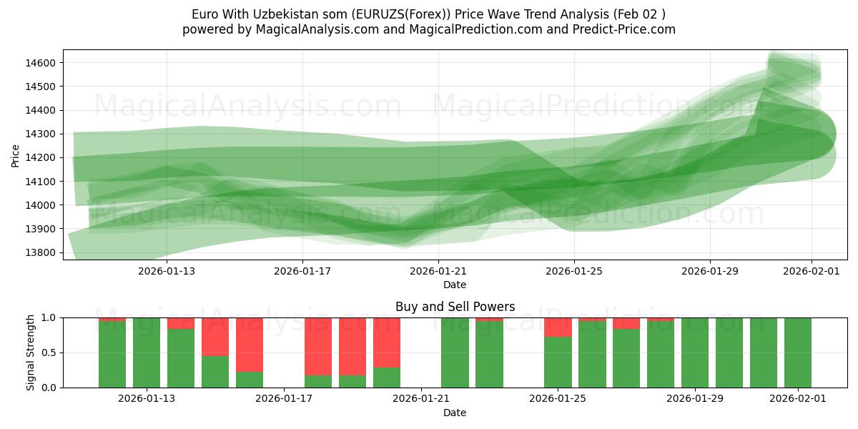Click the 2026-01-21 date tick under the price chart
click(x=438, y=271)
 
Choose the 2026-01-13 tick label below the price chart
click(x=167, y=271)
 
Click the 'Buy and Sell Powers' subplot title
click(x=455, y=307)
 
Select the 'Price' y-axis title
click(x=16, y=155)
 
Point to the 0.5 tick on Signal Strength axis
click(x=49, y=352)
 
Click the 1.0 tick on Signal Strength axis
click(x=49, y=317)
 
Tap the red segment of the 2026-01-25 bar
click(x=558, y=327)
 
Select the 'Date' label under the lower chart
click(x=455, y=413)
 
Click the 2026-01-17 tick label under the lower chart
click(x=284, y=398)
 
